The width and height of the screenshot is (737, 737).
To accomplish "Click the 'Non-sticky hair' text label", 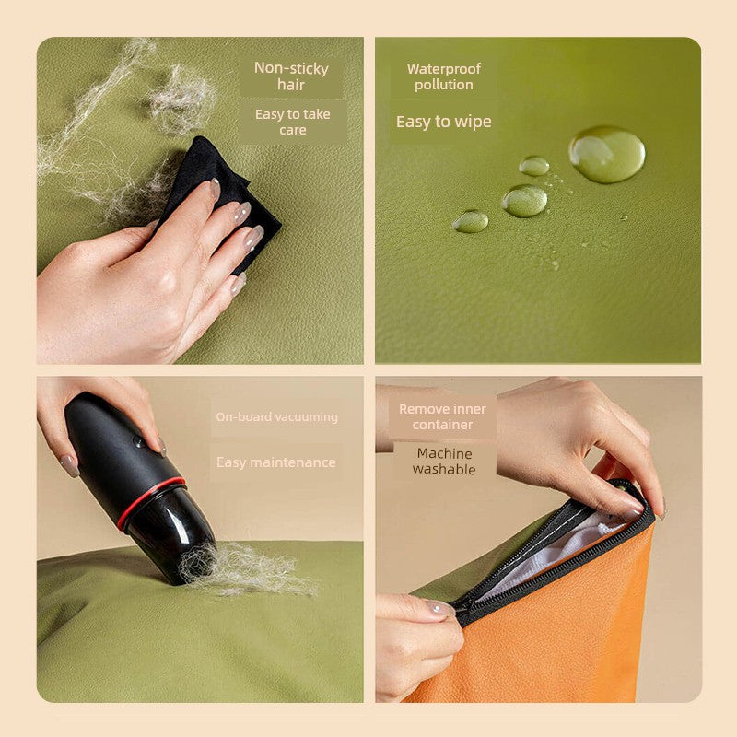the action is [291, 76].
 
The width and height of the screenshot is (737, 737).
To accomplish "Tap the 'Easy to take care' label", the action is [292, 122].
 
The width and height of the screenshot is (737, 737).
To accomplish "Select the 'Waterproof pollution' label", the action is [444, 76].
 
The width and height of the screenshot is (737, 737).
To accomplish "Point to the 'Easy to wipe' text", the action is [444, 122].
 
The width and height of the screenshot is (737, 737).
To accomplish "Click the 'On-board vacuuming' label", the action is [277, 417].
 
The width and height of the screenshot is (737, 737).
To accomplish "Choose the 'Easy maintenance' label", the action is [275, 462].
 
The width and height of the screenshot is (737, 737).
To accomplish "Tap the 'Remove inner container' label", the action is [442, 417].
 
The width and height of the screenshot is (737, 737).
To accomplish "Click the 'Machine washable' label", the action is [444, 462].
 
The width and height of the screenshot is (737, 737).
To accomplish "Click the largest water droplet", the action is [607, 154].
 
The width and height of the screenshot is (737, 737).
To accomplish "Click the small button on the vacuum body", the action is [138, 441].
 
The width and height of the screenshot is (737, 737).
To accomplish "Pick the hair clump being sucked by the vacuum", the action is [244, 568].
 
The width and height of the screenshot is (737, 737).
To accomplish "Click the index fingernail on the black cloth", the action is [215, 188].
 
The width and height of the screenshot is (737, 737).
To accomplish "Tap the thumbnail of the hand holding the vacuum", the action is [70, 466].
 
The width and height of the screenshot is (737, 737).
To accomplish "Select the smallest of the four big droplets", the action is [471, 221].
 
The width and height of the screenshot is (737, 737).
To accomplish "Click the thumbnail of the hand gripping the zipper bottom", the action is [440, 608].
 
